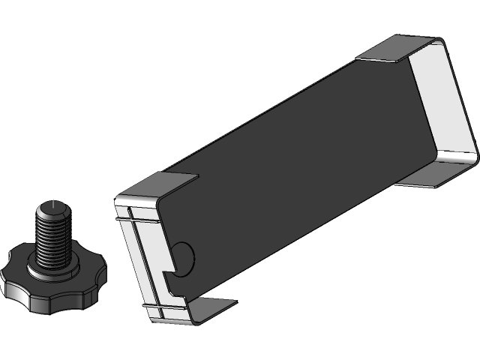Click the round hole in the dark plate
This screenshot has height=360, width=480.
point(184,257)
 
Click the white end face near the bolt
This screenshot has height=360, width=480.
point(145,255)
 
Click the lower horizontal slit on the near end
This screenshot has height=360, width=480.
point(161,306)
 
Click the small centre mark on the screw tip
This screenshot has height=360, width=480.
point(54,202)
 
